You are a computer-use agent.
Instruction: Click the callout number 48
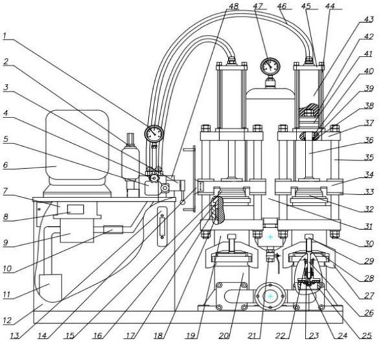tap(234, 6)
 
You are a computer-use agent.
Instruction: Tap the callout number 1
tap(5, 36)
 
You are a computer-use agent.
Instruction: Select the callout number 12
tap(7, 321)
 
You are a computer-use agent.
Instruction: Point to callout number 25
tap(367, 335)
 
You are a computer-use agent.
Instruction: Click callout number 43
tap(369, 19)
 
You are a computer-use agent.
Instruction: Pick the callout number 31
tap(368, 226)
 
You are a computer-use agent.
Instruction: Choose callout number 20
tap(224, 335)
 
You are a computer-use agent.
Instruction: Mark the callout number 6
tap(6, 165)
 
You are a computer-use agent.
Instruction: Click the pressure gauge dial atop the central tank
tap(271, 65)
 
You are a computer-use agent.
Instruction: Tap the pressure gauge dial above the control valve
tap(154, 133)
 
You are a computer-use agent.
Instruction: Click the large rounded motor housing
tap(77, 150)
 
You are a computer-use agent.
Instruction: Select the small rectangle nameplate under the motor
tap(76, 209)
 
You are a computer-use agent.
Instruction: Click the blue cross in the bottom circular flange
tap(271, 297)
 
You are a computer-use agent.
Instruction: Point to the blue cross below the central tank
tap(271, 237)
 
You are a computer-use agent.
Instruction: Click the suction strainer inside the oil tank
tap(50, 286)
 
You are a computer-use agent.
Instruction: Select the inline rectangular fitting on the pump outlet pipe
tap(113, 230)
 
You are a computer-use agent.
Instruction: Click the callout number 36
tap(369, 140)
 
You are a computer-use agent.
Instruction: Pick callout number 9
tap(6, 242)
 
